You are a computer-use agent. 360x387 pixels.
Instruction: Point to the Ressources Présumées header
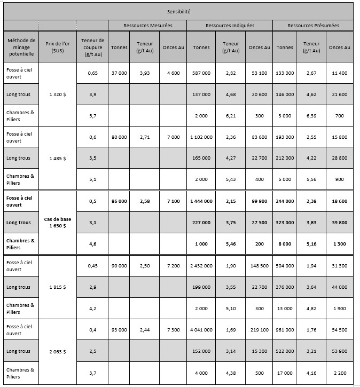(313, 26)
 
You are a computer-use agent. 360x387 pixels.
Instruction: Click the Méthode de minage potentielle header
(21, 47)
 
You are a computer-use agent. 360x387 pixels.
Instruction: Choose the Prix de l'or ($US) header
(58, 47)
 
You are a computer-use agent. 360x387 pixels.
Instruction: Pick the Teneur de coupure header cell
(93, 47)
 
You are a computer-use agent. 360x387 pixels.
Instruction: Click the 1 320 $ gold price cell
(58, 94)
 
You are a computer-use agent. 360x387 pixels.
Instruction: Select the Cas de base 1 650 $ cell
(58, 223)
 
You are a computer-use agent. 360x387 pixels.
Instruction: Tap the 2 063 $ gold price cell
(58, 351)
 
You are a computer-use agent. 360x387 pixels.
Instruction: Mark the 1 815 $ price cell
(58, 287)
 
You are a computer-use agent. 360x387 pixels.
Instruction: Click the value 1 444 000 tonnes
(201, 201)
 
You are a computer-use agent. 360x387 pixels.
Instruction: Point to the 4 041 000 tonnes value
(201, 330)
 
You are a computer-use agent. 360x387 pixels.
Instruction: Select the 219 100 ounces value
(259, 330)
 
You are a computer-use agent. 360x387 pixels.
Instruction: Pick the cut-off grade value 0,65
(93, 73)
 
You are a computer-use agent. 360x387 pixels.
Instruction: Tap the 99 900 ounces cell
(259, 201)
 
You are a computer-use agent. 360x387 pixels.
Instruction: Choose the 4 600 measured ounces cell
(173, 73)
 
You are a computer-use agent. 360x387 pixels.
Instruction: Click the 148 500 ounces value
(259, 266)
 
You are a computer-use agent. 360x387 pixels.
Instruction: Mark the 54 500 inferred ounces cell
(339, 330)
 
